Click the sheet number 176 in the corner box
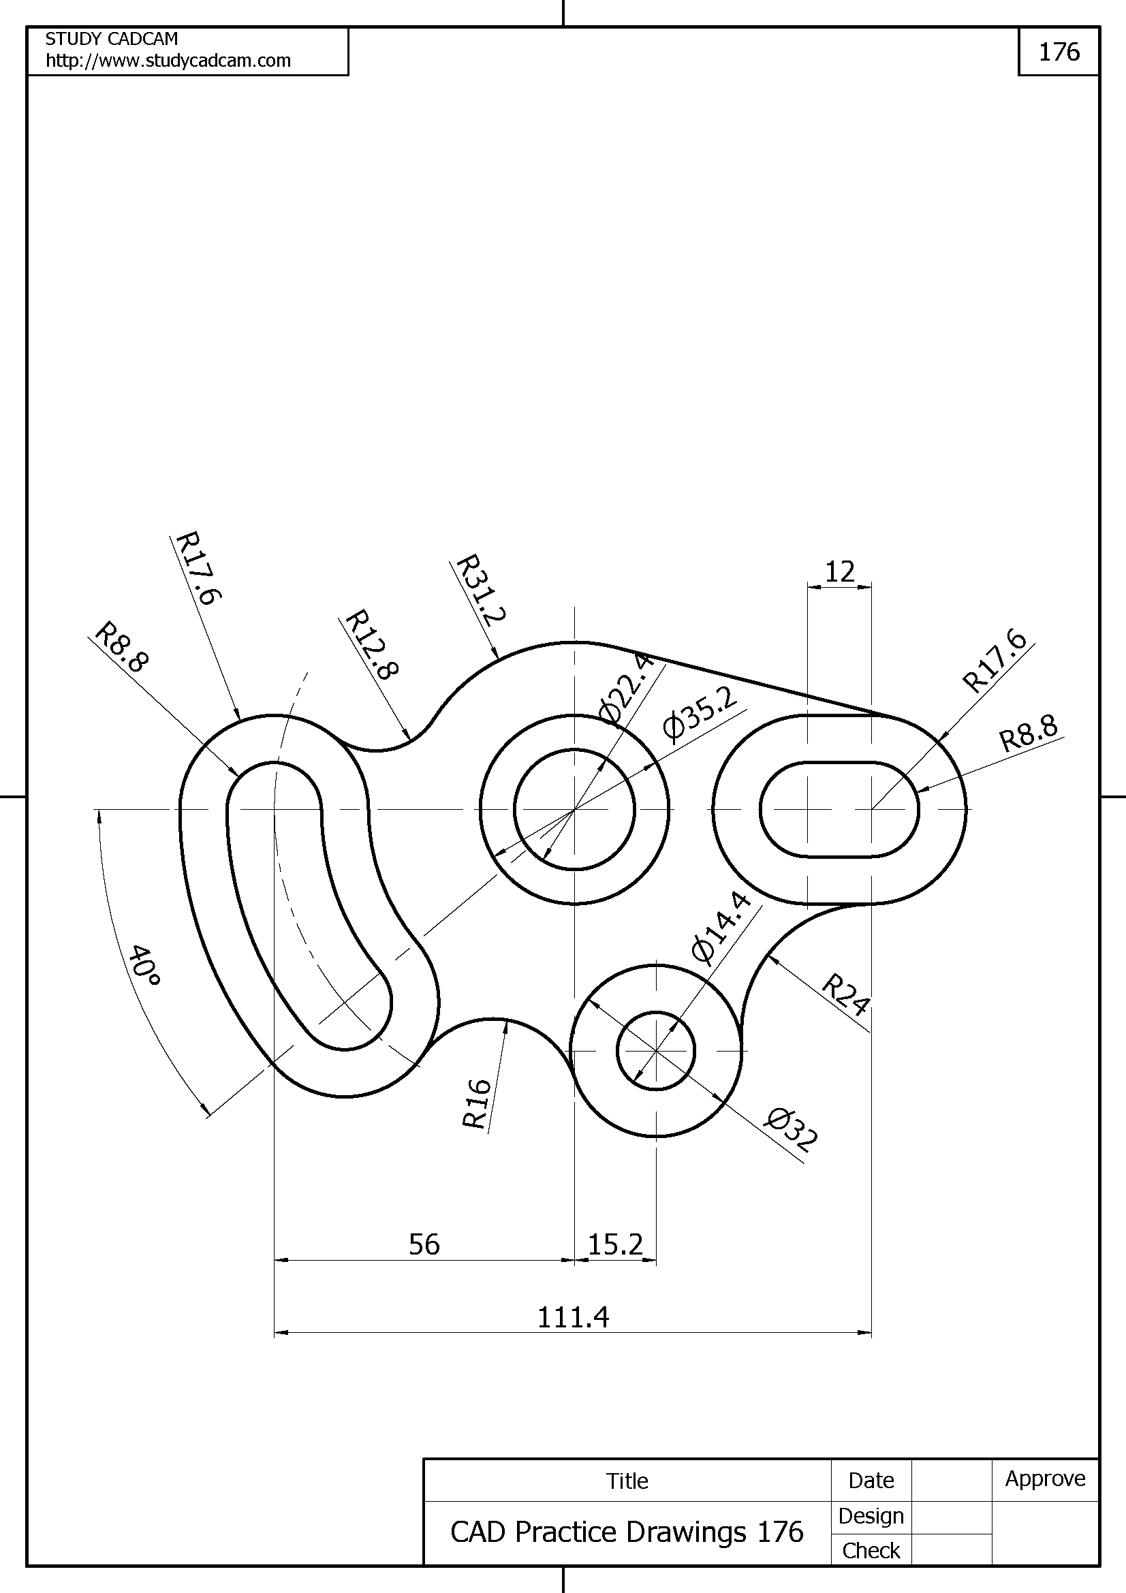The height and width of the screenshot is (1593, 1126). [x=1059, y=52]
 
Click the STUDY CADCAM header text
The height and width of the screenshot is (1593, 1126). [x=112, y=39]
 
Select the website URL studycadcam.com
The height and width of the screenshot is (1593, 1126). [x=168, y=61]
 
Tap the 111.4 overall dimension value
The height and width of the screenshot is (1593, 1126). [x=573, y=1317]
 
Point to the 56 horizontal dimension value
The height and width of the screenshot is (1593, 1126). [x=424, y=1244]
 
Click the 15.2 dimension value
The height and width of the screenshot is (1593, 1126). [x=615, y=1244]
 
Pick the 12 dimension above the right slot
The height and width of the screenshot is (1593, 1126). [x=839, y=571]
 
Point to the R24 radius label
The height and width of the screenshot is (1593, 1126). [x=845, y=994]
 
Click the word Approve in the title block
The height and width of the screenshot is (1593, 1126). [x=1045, y=1479]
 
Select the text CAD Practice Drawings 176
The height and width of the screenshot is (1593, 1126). [x=627, y=1531]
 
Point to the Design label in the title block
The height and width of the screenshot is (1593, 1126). [x=871, y=1516]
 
